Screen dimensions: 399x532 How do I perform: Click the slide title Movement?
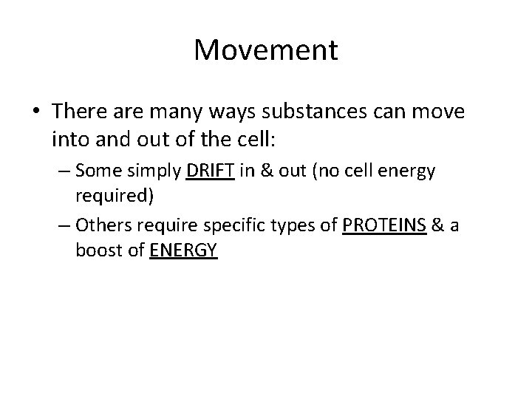click(266, 51)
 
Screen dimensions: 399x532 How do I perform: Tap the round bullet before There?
click(36, 112)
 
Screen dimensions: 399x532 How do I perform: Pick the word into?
click(69, 137)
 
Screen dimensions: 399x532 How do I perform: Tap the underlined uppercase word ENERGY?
click(183, 250)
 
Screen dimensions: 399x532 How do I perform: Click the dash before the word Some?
click(64, 171)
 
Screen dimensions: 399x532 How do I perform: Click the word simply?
click(152, 172)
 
